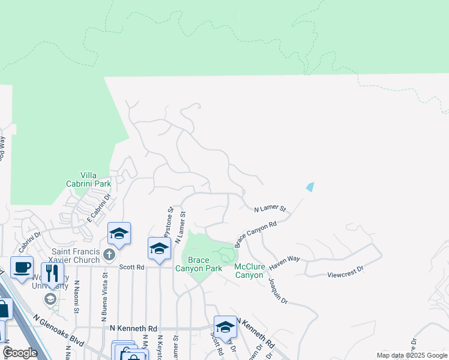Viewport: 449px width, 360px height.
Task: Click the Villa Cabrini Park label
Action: pos(97,179)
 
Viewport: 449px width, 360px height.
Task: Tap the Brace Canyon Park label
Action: pos(198,264)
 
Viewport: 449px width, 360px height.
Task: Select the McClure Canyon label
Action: pos(249,271)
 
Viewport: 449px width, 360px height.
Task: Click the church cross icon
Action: pos(109,255)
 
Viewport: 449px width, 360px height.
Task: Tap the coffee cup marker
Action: pos(22,267)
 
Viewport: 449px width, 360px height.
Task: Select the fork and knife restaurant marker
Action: pos(52,273)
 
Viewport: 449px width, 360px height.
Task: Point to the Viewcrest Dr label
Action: pos(345,271)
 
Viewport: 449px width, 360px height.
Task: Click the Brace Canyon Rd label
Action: pos(255,233)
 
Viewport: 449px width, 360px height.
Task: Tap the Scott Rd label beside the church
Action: pos(131,267)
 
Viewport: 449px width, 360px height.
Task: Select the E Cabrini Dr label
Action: pos(100,205)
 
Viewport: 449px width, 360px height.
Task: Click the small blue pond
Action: pos(310,187)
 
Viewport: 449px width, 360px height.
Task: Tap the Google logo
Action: pos(20,353)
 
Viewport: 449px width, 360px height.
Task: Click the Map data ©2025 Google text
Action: pos(412,355)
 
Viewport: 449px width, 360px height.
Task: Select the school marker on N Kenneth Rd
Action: pos(225,326)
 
